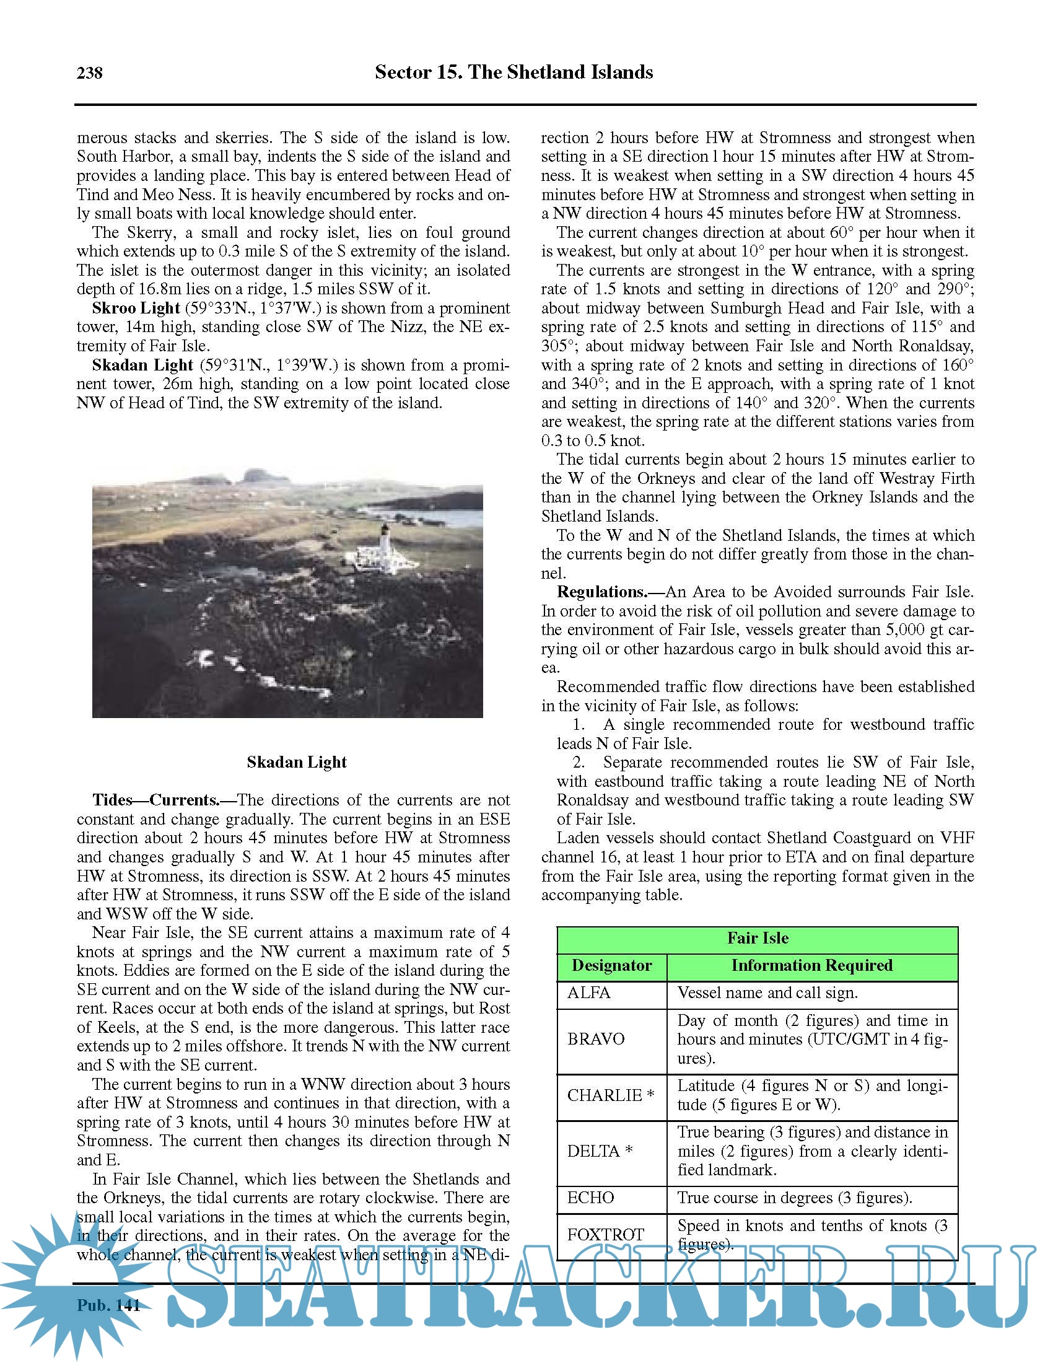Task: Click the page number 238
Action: (x=90, y=73)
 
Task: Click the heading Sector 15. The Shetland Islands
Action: (x=513, y=72)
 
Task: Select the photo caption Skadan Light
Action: (x=296, y=762)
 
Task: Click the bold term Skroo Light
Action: (x=136, y=309)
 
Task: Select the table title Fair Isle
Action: (x=758, y=938)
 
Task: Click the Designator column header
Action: (x=611, y=965)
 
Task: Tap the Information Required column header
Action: (x=811, y=965)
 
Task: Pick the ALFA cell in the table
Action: (x=589, y=993)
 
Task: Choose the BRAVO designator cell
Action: (x=596, y=1039)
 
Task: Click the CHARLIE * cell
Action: (x=611, y=1095)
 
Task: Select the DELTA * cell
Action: (x=600, y=1151)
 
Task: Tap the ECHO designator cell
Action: (x=591, y=1198)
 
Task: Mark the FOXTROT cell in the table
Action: (x=605, y=1234)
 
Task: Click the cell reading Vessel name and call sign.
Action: (x=767, y=993)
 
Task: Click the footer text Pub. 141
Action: (x=108, y=1305)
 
